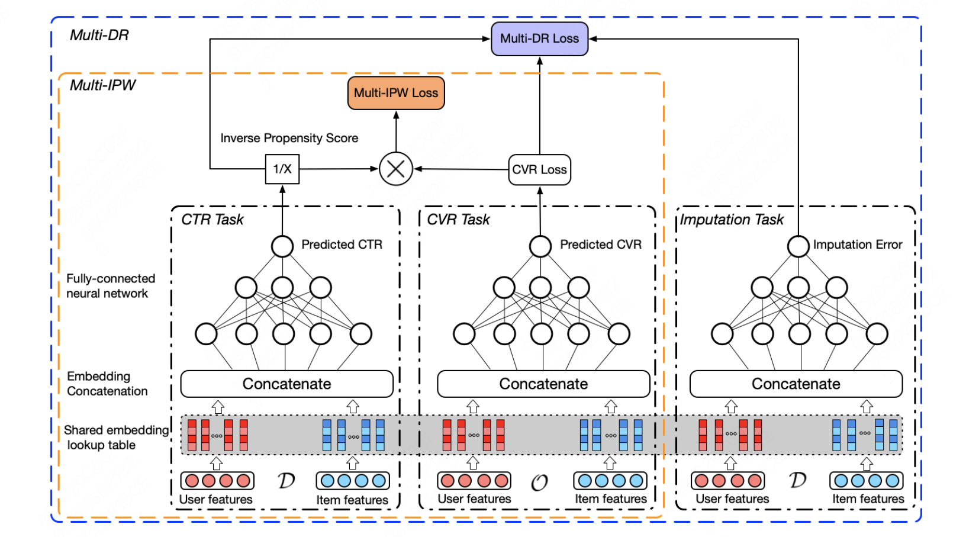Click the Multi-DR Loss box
pyautogui.click(x=539, y=39)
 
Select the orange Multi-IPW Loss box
pyautogui.click(x=396, y=93)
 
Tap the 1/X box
pyautogui.click(x=282, y=169)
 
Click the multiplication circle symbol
pyautogui.click(x=396, y=169)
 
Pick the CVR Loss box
pyautogui.click(x=539, y=170)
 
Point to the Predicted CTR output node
pyautogui.click(x=282, y=246)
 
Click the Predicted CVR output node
pyautogui.click(x=540, y=246)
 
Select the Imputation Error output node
pyautogui.click(x=798, y=246)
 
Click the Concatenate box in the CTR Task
pyautogui.click(x=286, y=384)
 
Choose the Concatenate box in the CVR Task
pyautogui.click(x=543, y=384)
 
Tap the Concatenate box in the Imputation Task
pyautogui.click(x=796, y=384)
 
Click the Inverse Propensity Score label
pyautogui.click(x=289, y=138)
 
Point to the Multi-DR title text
pyautogui.click(x=99, y=36)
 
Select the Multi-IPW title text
pyautogui.click(x=102, y=86)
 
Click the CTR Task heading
pyautogui.click(x=212, y=220)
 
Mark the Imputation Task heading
pyautogui.click(x=732, y=220)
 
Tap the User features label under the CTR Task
pyautogui.click(x=216, y=500)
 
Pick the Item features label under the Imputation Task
pyautogui.click(x=868, y=499)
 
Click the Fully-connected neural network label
pyautogui.click(x=110, y=286)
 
